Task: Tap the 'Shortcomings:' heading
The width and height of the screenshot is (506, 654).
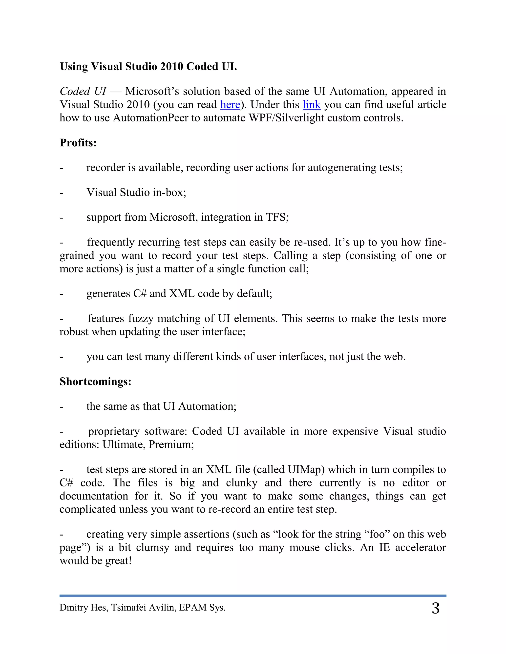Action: [x=95, y=382]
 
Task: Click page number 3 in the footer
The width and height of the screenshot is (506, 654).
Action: [x=436, y=609]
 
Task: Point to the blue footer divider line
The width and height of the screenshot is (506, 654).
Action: [x=253, y=596]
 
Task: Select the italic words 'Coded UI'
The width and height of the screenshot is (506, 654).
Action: [x=83, y=91]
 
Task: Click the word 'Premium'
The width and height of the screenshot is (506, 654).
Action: [x=170, y=444]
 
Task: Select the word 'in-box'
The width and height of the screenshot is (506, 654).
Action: [x=168, y=192]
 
